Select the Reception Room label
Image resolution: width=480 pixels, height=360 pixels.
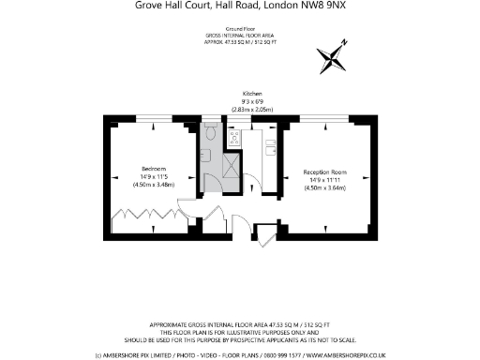tap(325, 172)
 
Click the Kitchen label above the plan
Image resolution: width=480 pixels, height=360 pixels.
tap(252, 94)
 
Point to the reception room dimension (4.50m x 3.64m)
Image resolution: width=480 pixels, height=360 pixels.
tap(325, 188)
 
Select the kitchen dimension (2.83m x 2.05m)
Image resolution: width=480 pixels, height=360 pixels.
tap(252, 110)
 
